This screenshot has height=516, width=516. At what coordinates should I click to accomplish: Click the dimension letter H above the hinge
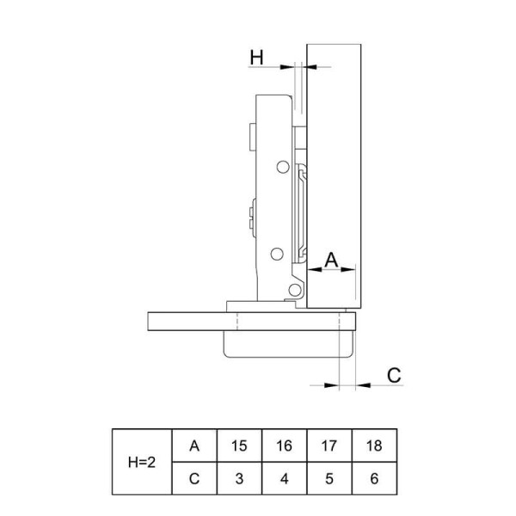point(256,58)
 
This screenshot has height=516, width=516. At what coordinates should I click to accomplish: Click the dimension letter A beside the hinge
point(331,260)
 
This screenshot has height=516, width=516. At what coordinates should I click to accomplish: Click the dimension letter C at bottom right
point(394,375)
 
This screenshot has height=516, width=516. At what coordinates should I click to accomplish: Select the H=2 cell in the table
point(142,462)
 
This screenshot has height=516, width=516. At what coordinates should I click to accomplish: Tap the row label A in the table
point(194,445)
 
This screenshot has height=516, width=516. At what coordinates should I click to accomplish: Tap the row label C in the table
point(194,478)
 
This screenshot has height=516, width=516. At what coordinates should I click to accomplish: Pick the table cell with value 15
point(239,445)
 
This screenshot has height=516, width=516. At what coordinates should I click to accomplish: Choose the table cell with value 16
point(285,445)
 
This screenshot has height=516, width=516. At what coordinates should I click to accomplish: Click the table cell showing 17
point(329,445)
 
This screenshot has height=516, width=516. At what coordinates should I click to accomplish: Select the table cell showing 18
point(374,445)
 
